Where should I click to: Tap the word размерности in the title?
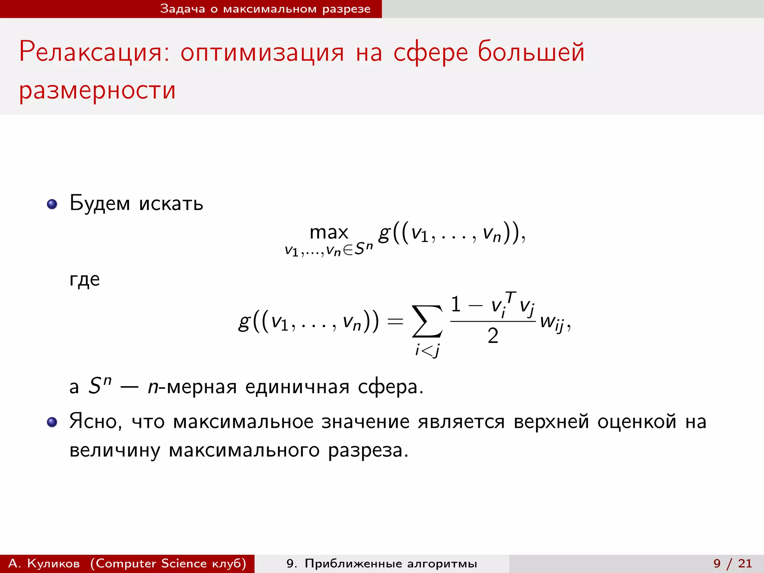pyautogui.click(x=97, y=90)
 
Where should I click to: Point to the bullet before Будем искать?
pyautogui.click(x=52, y=204)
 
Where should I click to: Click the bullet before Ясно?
pyautogui.click(x=52, y=422)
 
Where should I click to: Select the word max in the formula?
pyautogui.click(x=329, y=232)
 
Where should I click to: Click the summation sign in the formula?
pyautogui.click(x=427, y=321)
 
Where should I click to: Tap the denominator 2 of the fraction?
pyautogui.click(x=493, y=336)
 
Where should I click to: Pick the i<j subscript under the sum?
pyautogui.click(x=428, y=350)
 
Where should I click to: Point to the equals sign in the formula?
pyautogui.click(x=395, y=321)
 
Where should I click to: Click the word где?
pyautogui.click(x=85, y=279)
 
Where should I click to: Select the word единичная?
pyautogui.click(x=297, y=387)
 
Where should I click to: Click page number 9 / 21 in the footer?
pyautogui.click(x=733, y=563)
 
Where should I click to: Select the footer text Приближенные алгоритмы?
pyautogui.click(x=391, y=563)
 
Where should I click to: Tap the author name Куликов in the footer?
pyautogui.click(x=53, y=563)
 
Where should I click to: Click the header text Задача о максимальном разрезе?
pyautogui.click(x=265, y=9)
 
